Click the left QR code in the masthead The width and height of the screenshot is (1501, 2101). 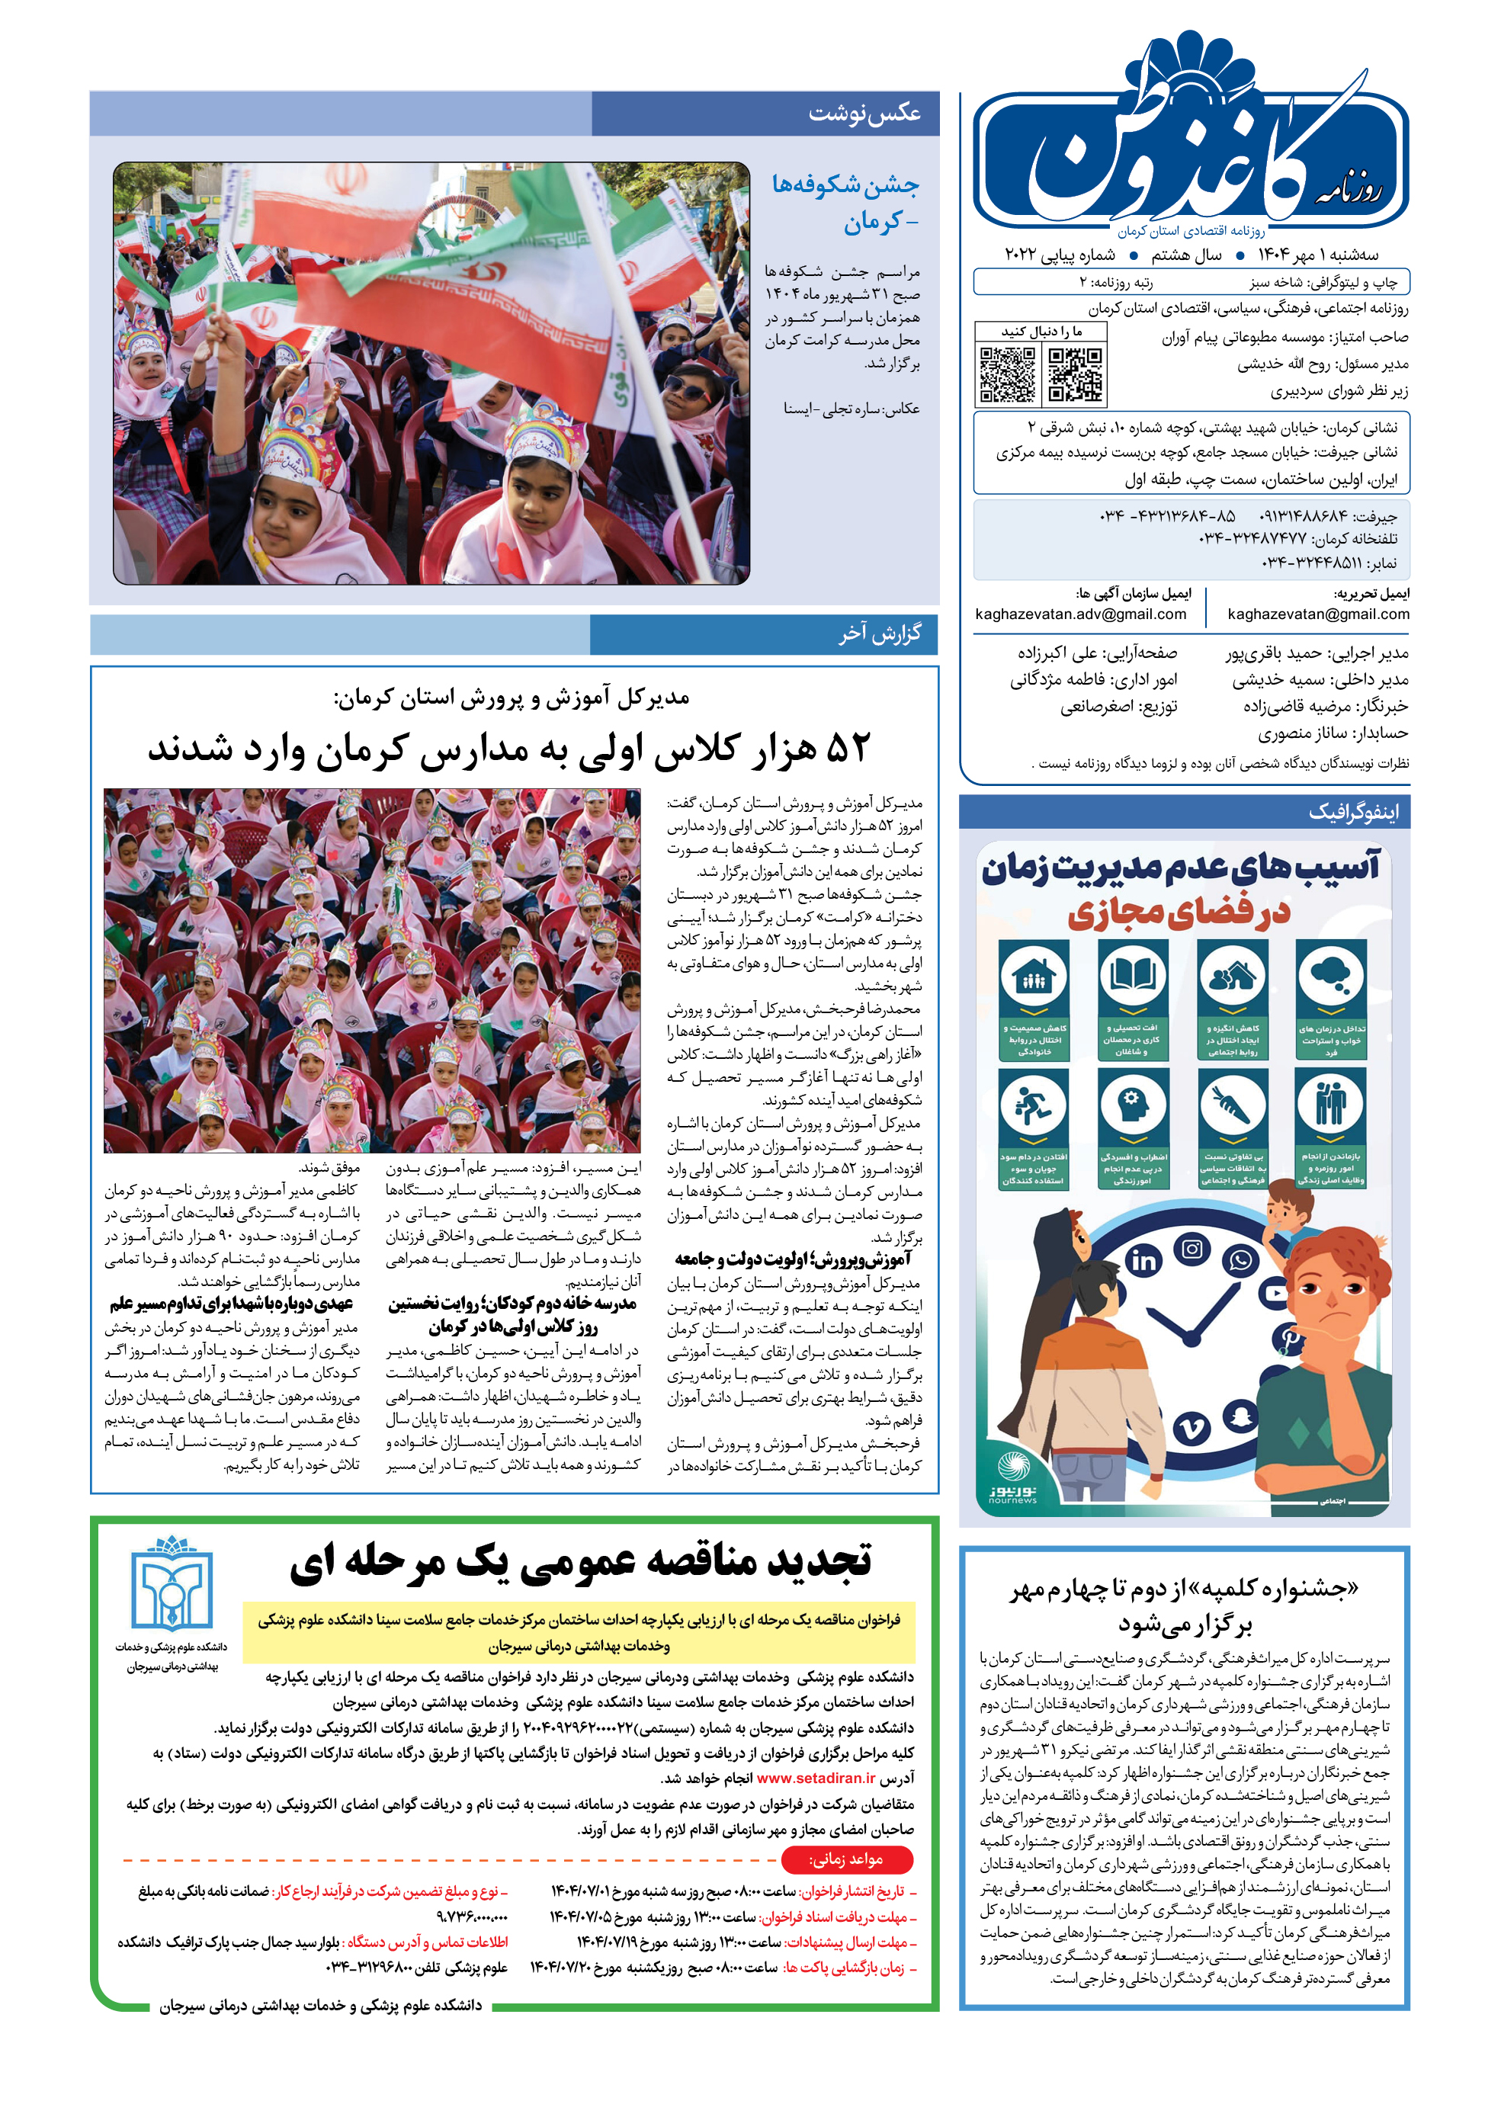(1008, 374)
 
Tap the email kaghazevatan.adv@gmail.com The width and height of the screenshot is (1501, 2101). (1080, 614)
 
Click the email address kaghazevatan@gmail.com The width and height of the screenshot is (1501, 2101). (1318, 614)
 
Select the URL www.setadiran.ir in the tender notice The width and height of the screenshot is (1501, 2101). (815, 1778)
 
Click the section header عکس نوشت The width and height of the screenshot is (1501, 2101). (864, 113)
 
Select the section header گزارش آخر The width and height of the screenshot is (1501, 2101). (880, 634)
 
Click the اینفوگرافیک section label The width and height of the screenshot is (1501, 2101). (1353, 812)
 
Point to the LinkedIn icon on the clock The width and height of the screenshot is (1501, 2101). (1143, 1260)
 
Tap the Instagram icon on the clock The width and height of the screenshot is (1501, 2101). (1192, 1249)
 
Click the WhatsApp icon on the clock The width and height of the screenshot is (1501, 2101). (1240, 1259)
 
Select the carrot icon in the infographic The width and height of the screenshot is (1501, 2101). (1232, 1104)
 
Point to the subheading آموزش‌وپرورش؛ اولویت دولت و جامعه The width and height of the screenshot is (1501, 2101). (792, 1258)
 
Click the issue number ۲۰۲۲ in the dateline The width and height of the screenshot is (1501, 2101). (1023, 254)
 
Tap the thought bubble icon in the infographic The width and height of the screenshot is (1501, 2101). (1331, 974)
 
